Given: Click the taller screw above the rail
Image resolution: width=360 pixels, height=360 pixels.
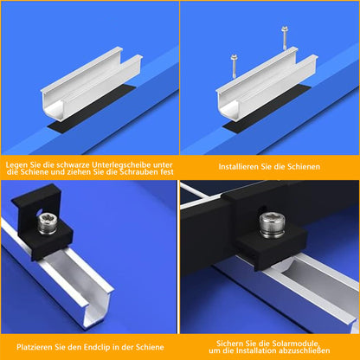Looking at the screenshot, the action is click(x=285, y=38).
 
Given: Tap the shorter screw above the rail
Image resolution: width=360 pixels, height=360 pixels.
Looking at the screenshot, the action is click(x=234, y=66).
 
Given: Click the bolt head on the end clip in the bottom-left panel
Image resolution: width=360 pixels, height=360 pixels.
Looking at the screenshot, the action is click(x=48, y=222).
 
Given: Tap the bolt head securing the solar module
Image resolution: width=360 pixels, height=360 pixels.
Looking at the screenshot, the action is click(x=272, y=225).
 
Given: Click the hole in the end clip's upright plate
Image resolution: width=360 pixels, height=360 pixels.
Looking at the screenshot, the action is click(x=40, y=213).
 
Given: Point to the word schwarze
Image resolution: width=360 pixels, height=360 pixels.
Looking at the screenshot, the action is click(x=74, y=165).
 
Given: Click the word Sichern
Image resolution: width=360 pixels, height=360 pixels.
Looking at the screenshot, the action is click(x=230, y=344).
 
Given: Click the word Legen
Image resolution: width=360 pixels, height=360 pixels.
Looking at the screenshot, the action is click(x=16, y=165).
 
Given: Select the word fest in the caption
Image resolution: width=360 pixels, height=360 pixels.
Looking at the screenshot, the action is click(x=168, y=172).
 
